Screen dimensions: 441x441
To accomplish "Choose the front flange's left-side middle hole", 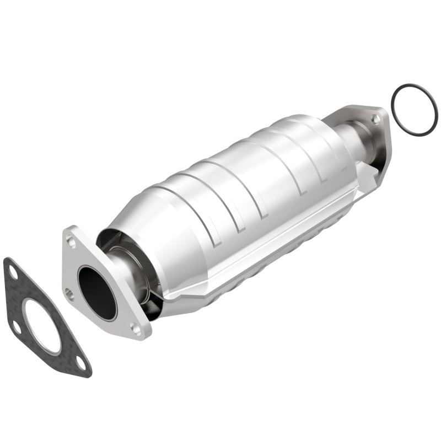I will [x=69, y=293].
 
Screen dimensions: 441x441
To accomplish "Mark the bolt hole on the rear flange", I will [x=375, y=118].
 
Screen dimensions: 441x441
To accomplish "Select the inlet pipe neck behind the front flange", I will [x=124, y=265].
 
